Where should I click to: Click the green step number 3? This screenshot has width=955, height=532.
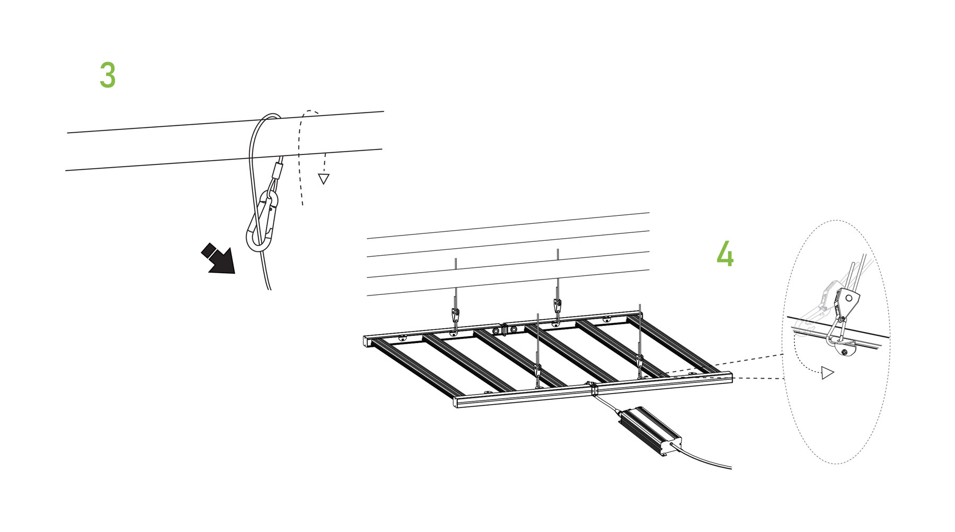click(x=108, y=75)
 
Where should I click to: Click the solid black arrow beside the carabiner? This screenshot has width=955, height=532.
click(x=219, y=259)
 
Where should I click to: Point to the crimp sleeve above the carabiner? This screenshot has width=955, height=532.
click(x=276, y=171)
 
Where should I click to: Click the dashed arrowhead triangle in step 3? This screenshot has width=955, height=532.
click(x=323, y=179)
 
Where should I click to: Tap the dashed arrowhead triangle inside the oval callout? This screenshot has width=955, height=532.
click(x=827, y=373)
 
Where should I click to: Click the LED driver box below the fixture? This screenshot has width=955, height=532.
click(x=650, y=430)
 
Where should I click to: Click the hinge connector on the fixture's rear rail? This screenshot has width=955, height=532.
click(x=505, y=329)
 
